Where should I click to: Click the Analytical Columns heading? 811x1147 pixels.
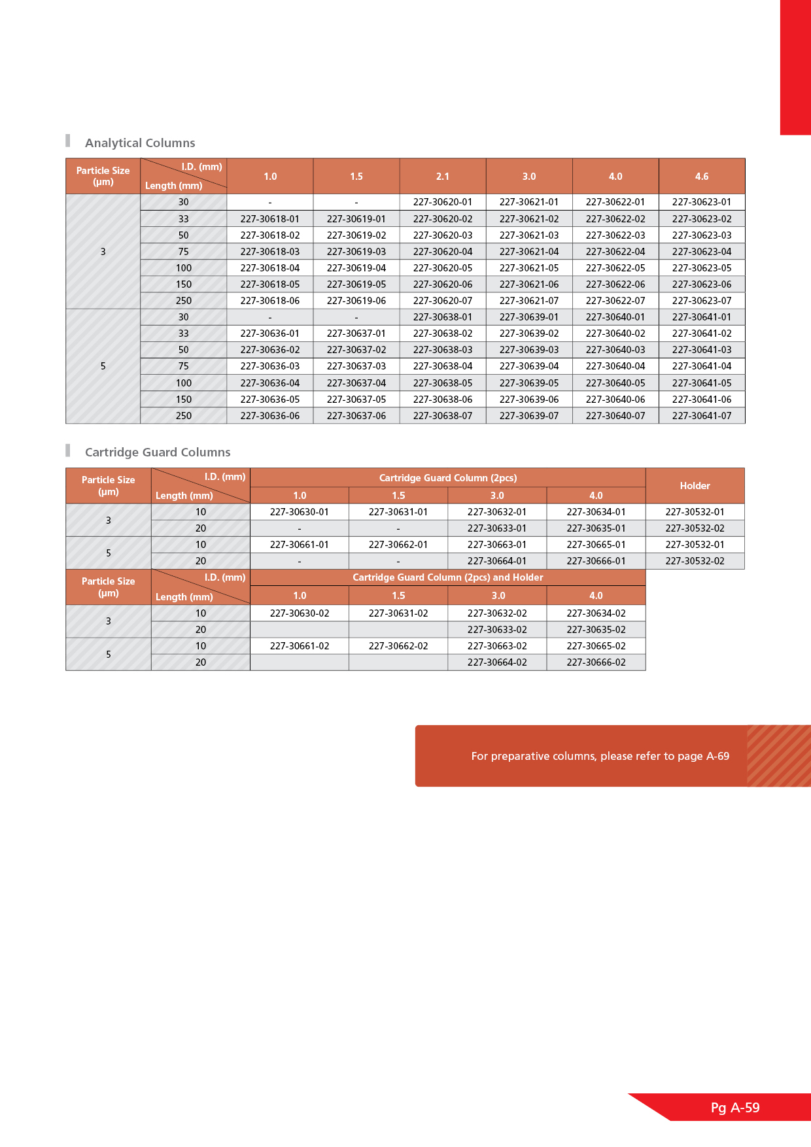[x=140, y=143]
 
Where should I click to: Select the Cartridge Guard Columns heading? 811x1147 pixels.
[x=158, y=452]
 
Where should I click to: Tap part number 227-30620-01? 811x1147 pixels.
[x=443, y=202]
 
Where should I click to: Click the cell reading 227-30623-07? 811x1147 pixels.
[x=702, y=301]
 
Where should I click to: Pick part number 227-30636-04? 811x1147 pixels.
[x=270, y=383]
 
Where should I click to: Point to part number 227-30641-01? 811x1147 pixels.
[x=702, y=317]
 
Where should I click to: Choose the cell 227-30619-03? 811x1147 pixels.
[x=356, y=252]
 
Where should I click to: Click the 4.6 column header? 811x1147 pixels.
[x=702, y=177]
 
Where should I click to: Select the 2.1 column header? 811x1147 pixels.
[x=443, y=177]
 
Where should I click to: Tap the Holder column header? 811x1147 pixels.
[x=695, y=486]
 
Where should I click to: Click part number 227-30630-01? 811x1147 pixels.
[x=300, y=512]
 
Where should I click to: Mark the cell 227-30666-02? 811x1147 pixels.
[x=596, y=662]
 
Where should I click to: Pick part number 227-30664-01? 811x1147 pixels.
[x=497, y=561]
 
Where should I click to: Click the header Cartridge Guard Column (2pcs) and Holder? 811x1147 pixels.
[x=448, y=577]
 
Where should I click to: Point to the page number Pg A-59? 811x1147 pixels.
[x=735, y=1108]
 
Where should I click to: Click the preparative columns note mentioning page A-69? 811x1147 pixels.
[x=600, y=756]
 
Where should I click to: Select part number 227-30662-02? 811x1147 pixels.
[x=398, y=646]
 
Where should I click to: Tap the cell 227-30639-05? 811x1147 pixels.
[x=529, y=383]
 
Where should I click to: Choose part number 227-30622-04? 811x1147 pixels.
[x=615, y=252]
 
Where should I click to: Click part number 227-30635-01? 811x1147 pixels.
[x=596, y=528]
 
